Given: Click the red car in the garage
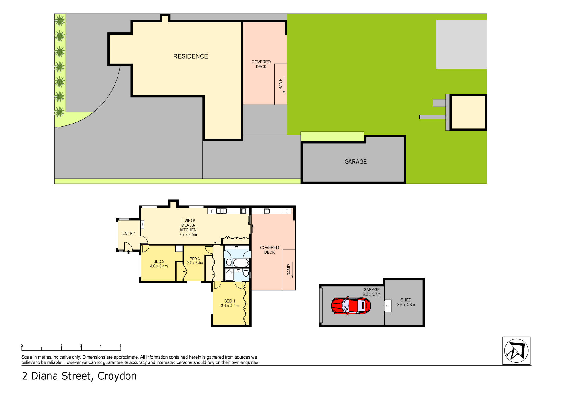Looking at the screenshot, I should tap(351, 306).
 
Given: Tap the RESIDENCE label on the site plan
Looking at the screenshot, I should tap(190, 56).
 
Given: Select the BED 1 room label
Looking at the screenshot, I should tap(229, 301).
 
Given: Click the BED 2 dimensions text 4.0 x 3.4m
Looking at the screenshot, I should tap(159, 266).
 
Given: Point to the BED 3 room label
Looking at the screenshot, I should tap(195, 259).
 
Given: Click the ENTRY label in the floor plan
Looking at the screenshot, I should tap(129, 233).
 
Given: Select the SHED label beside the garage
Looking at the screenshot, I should tap(406, 300).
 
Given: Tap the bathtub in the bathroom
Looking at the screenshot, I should tap(241, 263).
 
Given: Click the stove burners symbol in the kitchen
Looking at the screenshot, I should tap(243, 211).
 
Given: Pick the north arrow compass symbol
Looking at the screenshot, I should tap(516, 351).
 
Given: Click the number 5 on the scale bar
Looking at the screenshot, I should tap(121, 346).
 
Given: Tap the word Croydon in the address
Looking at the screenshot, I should tap(117, 376).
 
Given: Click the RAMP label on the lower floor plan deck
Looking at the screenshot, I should tap(289, 270).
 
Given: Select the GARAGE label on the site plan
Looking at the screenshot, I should tap(355, 162).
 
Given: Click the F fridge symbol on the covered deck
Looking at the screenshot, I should tap(287, 211).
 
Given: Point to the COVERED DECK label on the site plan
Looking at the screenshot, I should tap(261, 64).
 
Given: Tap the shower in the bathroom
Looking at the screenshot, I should tap(229, 274).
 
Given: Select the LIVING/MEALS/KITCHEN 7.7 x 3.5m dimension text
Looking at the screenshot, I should tap(188, 235).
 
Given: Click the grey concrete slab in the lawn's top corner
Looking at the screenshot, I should tap(461, 45).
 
